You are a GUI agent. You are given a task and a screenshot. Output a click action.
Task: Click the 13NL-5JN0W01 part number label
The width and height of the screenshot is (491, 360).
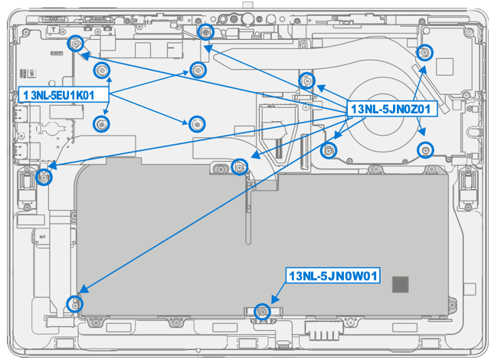tap(333, 276)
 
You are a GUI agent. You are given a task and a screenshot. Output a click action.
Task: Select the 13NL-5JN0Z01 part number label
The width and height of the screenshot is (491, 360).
tap(392, 110)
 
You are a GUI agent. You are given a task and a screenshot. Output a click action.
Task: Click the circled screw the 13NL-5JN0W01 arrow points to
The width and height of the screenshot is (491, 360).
tap(262, 311)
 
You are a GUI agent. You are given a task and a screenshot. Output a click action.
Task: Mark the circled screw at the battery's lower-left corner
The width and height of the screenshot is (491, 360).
tap(74, 303)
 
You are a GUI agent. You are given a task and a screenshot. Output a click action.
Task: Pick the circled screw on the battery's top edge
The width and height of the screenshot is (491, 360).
tap(239, 165)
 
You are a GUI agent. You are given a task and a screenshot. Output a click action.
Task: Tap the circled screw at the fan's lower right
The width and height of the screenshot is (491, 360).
tap(426, 149)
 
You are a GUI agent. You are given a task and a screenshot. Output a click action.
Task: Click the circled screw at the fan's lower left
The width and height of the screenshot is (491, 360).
tap(329, 149)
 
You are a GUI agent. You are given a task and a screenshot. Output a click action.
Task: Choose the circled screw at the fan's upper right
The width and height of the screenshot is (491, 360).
tap(423, 52)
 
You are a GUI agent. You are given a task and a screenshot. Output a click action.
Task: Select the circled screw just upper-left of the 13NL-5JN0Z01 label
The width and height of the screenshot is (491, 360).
tap(306, 80)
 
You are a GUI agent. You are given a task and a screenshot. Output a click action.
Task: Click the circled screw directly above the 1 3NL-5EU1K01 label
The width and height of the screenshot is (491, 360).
tap(100, 71)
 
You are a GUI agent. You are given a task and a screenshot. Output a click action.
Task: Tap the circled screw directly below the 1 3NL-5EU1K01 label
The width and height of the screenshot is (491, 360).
tap(100, 123)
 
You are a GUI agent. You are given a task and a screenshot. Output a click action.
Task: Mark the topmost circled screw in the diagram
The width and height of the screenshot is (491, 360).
tap(205, 31)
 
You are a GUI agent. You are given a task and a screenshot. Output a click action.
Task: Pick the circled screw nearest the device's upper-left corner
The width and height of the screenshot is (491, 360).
tap(75, 44)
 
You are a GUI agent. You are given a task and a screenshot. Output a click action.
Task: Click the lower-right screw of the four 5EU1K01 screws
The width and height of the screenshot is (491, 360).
tap(197, 123)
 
